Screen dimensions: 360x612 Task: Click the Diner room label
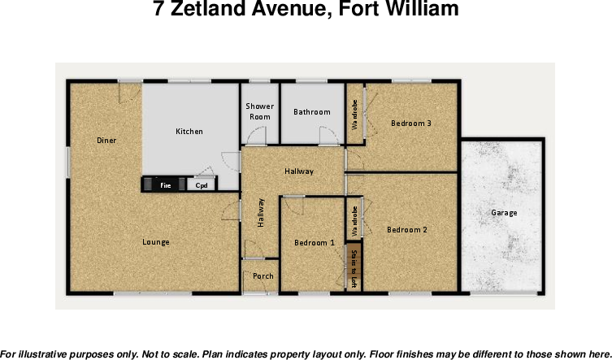106,141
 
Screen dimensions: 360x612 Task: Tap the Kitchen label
189,132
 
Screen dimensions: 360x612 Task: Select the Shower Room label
260,111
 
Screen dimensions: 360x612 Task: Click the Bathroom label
312,112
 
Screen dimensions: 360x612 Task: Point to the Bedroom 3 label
410,124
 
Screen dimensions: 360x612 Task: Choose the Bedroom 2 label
406,230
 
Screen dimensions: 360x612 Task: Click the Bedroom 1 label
314,243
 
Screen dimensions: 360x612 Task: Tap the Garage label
504,213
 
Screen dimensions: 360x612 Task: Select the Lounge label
156,242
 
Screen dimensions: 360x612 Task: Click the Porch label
263,276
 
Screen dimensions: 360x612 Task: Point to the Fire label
165,186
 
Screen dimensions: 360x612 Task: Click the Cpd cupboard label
202,186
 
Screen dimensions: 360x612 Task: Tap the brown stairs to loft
354,268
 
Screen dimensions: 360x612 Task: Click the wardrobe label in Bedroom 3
355,115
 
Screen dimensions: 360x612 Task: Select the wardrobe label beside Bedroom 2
355,219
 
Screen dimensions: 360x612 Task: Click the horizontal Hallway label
298,171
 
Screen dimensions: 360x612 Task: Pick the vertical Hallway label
261,214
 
